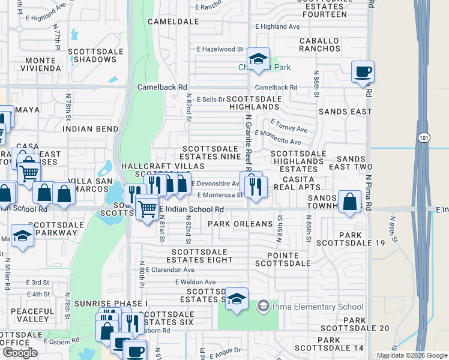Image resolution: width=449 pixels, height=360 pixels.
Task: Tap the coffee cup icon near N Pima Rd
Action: [x=363, y=72]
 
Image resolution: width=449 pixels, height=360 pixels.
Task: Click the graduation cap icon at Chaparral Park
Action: [x=258, y=59]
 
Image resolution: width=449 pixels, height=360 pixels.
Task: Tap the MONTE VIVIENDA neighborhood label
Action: [x=40, y=65]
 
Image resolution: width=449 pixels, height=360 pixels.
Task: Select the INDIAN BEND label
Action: [x=91, y=129]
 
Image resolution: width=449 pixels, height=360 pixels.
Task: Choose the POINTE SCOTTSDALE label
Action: [x=285, y=259]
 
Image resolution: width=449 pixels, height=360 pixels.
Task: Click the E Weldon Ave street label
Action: [x=195, y=282]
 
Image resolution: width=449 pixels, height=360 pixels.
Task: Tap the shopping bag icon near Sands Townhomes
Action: [x=349, y=202]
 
